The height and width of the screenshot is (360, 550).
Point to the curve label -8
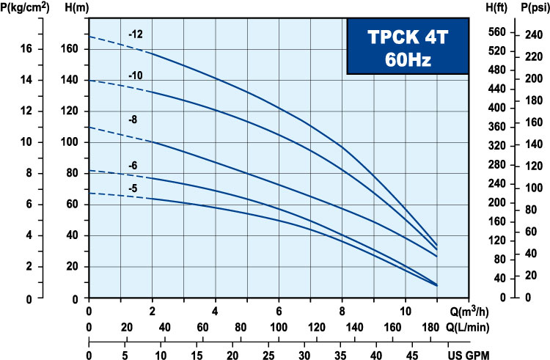[133, 119]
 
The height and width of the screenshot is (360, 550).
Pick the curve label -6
[133, 166]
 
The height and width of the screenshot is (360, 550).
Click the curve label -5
[133, 188]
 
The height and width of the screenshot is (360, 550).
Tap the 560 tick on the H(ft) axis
[497, 32]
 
